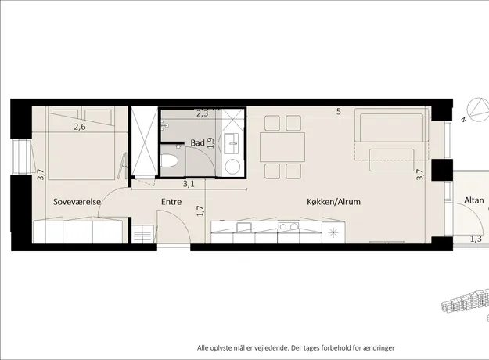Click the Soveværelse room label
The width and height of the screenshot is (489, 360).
[x=77, y=202]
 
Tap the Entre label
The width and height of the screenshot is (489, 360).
[x=171, y=202]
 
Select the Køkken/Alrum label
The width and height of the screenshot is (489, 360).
[x=333, y=202]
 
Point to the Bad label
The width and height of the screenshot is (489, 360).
[x=198, y=143]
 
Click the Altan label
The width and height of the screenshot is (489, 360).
[x=474, y=200]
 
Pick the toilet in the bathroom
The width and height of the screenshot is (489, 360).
[x=169, y=160]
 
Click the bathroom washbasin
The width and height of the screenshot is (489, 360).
[x=232, y=143]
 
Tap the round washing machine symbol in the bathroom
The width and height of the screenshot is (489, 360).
[x=232, y=167]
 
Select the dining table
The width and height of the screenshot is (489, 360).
[x=282, y=147]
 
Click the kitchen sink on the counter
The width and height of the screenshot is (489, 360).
[x=243, y=227]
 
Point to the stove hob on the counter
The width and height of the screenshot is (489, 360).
[x=289, y=226]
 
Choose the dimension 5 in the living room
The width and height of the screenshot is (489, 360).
[x=339, y=111]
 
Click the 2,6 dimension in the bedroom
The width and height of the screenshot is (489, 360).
[x=80, y=127]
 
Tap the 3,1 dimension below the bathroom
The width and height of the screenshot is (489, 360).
[x=189, y=184]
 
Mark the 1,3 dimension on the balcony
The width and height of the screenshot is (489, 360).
[x=476, y=239]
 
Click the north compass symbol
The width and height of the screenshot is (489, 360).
[x=478, y=110]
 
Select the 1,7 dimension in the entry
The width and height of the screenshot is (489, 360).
[x=200, y=211]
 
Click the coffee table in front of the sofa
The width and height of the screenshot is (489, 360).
[x=392, y=160]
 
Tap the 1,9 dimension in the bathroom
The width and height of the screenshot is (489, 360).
[x=211, y=143]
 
